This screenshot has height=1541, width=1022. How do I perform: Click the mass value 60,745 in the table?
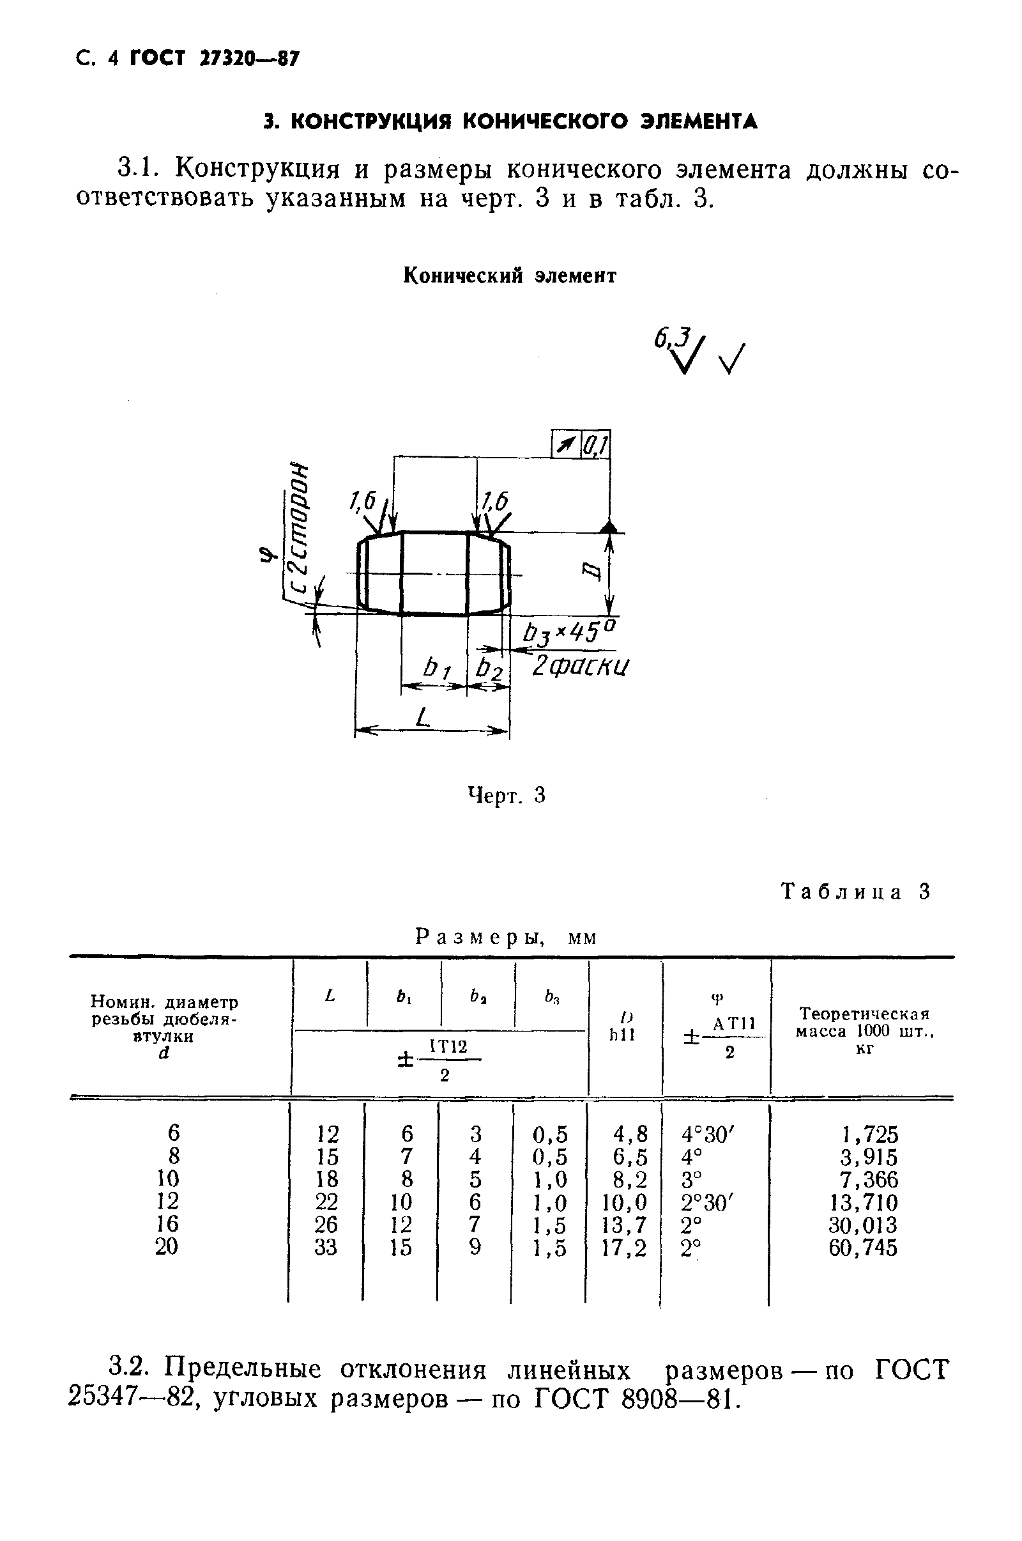[x=862, y=1248]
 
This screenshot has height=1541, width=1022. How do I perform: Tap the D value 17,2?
[x=625, y=1248]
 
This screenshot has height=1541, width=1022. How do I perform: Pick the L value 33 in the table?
[x=326, y=1248]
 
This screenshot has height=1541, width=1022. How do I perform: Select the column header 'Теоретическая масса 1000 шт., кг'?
[x=864, y=1031]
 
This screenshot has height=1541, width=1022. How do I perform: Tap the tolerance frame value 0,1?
[x=595, y=445]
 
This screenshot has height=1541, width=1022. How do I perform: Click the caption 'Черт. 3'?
[x=507, y=796]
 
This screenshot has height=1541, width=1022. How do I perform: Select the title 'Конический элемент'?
[x=510, y=276]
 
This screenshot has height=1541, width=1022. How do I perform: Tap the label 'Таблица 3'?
[x=856, y=892]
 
